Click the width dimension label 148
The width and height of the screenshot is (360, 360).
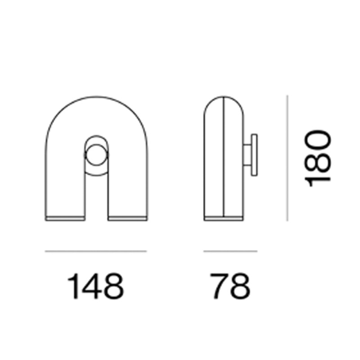[95, 286]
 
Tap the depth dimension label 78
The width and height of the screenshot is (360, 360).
[230, 286]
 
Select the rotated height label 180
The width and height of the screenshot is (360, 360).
[318, 157]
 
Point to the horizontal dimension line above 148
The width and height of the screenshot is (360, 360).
[95, 251]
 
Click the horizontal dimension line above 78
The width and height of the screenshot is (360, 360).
[230, 251]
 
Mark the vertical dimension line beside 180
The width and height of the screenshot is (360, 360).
[287, 157]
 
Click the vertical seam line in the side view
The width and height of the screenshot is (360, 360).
[224, 157]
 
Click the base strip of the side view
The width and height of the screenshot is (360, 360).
[224, 219]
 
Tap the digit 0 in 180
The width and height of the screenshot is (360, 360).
[318, 139]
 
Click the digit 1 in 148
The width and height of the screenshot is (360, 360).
[74, 286]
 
